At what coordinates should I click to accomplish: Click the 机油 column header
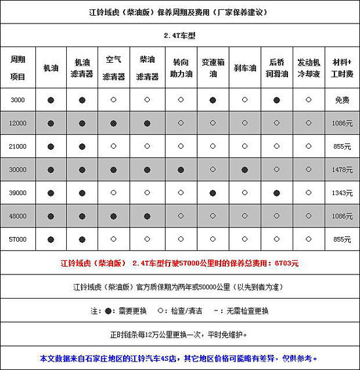50,68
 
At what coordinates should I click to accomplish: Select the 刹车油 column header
245,68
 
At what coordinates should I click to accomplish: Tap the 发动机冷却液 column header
309,68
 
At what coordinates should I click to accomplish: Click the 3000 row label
18,100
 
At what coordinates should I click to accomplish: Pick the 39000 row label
18,193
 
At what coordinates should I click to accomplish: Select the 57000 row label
18,240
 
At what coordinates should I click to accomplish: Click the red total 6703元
285,263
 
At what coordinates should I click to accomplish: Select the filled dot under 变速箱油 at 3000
212,100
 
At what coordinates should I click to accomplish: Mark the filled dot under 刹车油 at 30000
245,170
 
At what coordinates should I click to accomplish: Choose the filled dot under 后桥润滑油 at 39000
277,193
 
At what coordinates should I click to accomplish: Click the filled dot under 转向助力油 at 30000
180,170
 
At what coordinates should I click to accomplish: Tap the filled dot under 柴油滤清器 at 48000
147,216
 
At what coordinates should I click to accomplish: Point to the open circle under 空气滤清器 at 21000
115,146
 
